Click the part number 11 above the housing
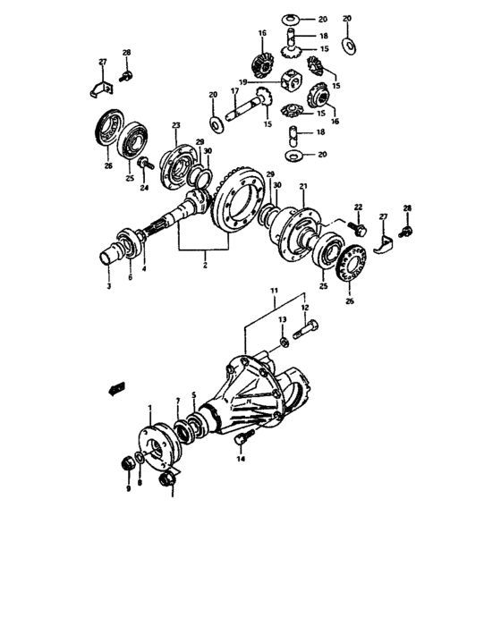pyautogui.click(x=274, y=292)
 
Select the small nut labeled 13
pyautogui.click(x=283, y=342)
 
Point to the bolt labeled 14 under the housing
pyautogui.click(x=244, y=438)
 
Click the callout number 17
pyautogui.click(x=234, y=91)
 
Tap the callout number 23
pyautogui.click(x=176, y=125)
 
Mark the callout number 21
pyautogui.click(x=303, y=187)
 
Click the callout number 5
pyautogui.click(x=192, y=394)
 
